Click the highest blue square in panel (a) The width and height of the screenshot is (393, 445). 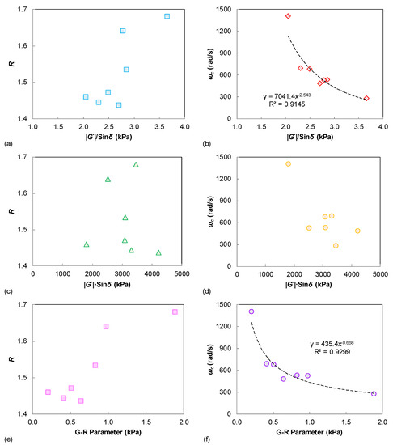[167, 16]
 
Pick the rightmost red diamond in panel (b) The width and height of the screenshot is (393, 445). [366, 98]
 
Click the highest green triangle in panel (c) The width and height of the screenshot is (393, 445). [136, 165]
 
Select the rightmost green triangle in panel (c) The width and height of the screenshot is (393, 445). [158, 252]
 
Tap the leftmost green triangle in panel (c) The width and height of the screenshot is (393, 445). [87, 244]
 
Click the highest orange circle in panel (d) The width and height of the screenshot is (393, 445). [288, 164]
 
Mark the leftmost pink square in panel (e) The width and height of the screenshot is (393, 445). [48, 392]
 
